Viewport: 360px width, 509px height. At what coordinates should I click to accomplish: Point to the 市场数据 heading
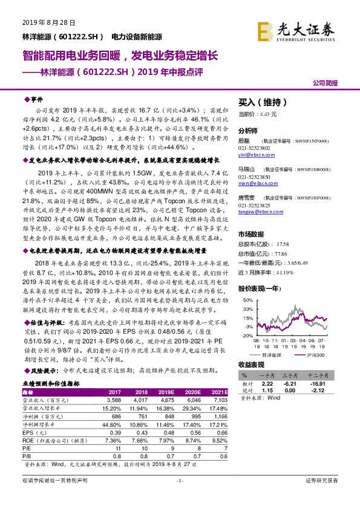click(252, 233)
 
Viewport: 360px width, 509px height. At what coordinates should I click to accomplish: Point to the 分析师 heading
click(248, 130)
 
